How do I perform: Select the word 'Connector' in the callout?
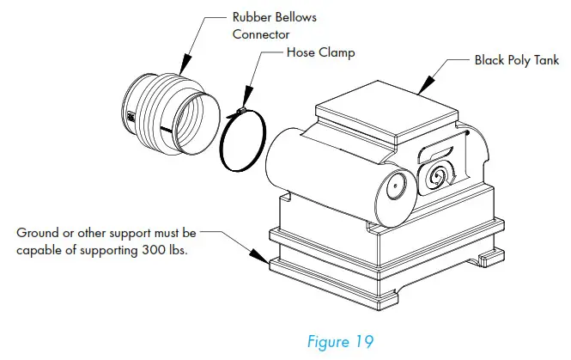pos(260,34)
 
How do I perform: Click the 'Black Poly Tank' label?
pos(516,61)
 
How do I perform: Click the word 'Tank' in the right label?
pos(545,61)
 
